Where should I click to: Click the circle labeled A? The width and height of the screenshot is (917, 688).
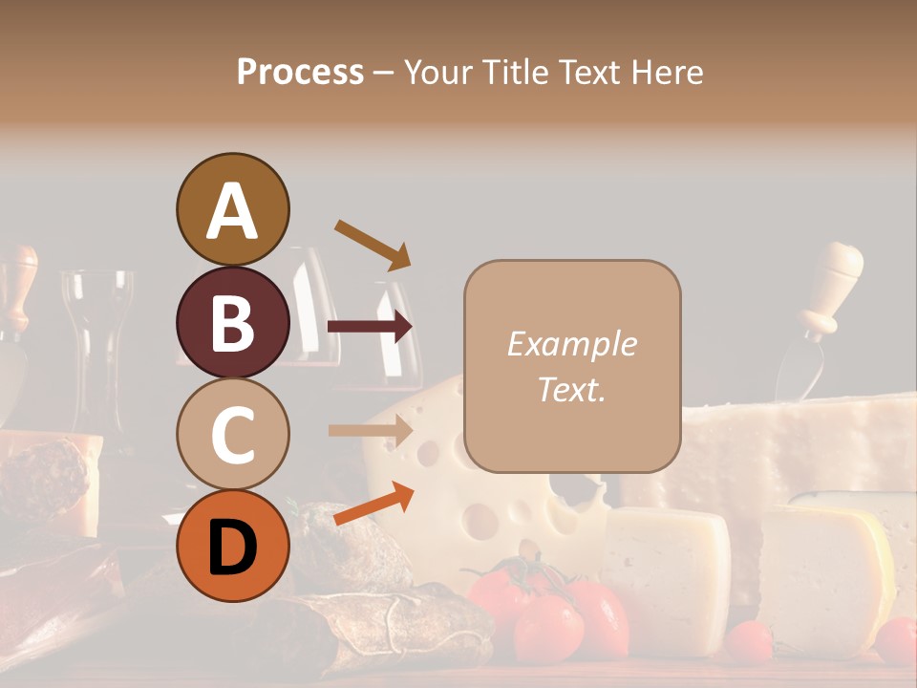pyautogui.click(x=232, y=209)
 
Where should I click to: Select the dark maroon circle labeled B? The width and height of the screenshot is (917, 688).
pyautogui.click(x=232, y=322)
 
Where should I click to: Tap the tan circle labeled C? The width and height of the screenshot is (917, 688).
pyautogui.click(x=232, y=434)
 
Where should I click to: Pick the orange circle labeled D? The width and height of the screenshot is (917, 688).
pyautogui.click(x=232, y=546)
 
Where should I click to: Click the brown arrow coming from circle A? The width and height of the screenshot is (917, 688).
pyautogui.click(x=373, y=245)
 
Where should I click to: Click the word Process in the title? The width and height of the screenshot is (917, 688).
pyautogui.click(x=300, y=72)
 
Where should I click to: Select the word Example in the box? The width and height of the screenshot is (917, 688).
pyautogui.click(x=571, y=344)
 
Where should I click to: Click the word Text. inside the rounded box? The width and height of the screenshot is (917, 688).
pyautogui.click(x=571, y=389)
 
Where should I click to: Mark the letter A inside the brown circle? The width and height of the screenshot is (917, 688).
pyautogui.click(x=232, y=211)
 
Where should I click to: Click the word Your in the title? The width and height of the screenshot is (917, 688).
pyautogui.click(x=437, y=72)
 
